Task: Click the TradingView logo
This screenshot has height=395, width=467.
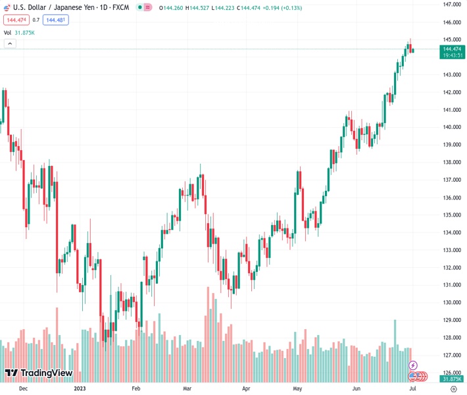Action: [38, 373]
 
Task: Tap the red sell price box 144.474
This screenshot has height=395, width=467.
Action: [16, 20]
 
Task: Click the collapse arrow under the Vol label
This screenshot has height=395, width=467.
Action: [9, 43]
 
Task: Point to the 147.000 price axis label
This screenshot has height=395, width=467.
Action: [451, 4]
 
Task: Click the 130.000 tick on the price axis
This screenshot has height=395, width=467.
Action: [451, 303]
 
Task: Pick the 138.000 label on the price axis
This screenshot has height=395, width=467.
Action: [451, 162]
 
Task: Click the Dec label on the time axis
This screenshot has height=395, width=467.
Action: [24, 388]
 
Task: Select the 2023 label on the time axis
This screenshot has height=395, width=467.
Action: [80, 388]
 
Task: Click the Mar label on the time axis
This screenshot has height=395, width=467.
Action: [187, 388]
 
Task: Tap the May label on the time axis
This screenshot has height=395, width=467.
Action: [297, 388]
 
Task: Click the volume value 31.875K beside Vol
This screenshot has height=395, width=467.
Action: [24, 32]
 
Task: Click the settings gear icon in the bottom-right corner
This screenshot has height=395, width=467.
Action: [453, 388]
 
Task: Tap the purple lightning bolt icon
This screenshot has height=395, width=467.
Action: [413, 365]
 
